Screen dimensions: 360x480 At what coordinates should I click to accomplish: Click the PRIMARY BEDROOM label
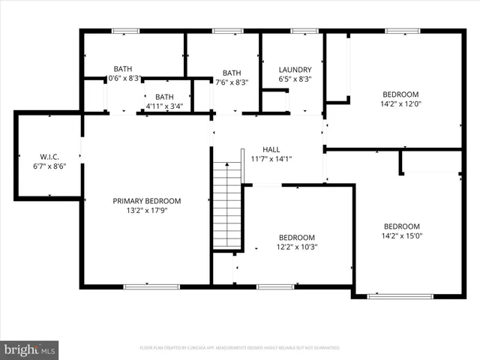click(147, 200)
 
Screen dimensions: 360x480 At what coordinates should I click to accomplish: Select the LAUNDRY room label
click(295, 69)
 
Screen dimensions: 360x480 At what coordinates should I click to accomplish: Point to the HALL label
click(271, 149)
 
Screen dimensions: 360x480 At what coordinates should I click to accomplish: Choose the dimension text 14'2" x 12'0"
click(401, 104)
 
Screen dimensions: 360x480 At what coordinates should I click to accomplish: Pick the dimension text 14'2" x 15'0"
click(401, 236)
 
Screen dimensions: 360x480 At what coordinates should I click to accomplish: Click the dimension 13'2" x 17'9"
click(147, 211)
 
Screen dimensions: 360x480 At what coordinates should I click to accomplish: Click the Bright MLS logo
click(30, 349)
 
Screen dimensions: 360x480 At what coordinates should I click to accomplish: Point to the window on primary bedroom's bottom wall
click(151, 286)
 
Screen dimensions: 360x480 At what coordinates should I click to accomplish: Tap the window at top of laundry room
click(304, 31)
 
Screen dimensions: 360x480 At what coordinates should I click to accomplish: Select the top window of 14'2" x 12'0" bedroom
click(401, 31)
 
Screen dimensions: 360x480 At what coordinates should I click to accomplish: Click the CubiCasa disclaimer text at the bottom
click(240, 348)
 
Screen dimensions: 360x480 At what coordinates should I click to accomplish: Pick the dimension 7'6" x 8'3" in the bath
click(232, 82)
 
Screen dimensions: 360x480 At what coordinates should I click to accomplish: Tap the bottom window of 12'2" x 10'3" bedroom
click(275, 286)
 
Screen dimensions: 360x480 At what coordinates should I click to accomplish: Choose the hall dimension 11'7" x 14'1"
click(271, 159)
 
